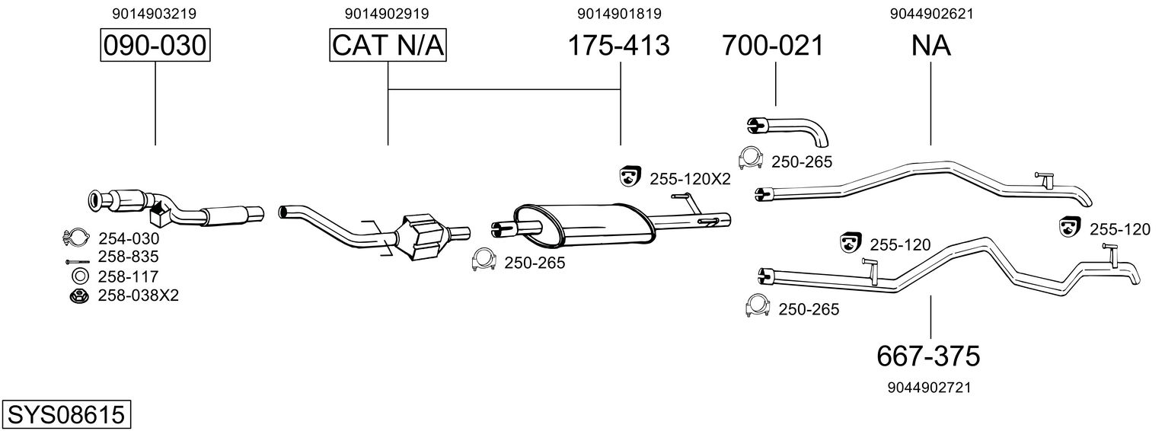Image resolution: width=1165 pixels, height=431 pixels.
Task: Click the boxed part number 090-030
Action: [155, 45]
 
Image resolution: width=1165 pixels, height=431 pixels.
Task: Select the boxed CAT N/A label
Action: [388, 45]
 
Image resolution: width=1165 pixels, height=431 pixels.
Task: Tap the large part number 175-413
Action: [618, 45]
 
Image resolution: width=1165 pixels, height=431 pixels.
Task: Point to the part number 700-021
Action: [773, 45]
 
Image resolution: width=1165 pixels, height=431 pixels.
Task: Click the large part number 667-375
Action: [928, 356]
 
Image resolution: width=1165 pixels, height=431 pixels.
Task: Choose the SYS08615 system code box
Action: [66, 415]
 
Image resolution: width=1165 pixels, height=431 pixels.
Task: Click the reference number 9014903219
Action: [155, 14]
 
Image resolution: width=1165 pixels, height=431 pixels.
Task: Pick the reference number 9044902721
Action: [930, 388]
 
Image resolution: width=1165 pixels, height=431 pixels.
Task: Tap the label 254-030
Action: [129, 238]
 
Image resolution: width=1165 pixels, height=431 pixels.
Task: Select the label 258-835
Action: [129, 257]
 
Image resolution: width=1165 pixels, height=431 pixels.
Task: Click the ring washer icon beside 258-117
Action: [81, 276]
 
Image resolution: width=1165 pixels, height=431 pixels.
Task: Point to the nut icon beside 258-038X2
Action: [80, 296]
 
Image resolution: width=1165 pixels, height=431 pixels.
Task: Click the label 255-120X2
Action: [690, 180]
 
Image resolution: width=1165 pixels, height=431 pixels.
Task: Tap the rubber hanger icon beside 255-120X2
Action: [629, 176]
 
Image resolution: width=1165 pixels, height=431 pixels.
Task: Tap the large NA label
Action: [931, 45]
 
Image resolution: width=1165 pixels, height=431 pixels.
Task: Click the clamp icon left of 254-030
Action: [75, 238]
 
